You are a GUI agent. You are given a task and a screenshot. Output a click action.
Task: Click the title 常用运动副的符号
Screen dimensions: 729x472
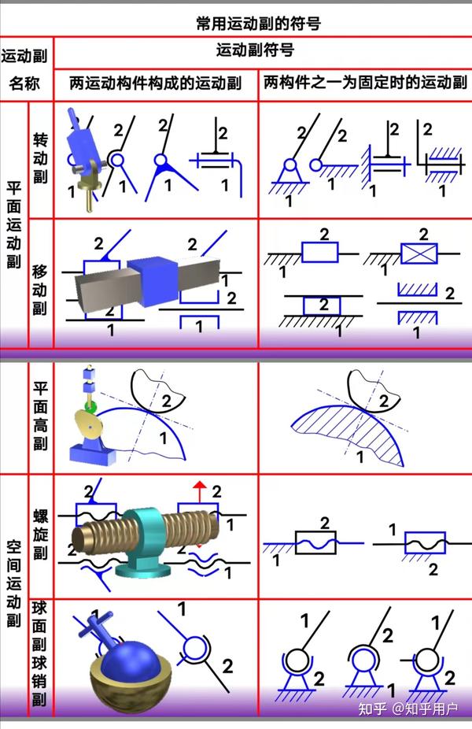[257, 24]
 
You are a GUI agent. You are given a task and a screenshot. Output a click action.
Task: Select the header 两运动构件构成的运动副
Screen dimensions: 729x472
[155, 83]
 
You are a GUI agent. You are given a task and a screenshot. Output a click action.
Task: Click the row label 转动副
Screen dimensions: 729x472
[40, 157]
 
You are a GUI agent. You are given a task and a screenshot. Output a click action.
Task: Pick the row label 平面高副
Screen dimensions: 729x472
[40, 416]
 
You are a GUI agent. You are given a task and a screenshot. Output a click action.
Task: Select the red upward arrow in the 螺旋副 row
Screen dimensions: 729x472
[200, 490]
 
